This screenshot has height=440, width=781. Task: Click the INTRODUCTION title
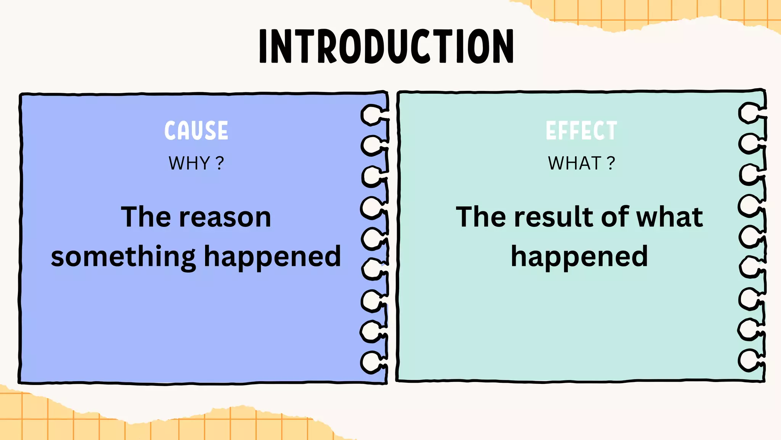[x=386, y=46]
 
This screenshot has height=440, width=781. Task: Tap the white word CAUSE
[x=196, y=131]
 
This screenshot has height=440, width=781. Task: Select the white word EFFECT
[x=581, y=131]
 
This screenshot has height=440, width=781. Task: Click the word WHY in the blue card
[x=189, y=163]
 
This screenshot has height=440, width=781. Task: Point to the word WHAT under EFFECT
[x=574, y=163]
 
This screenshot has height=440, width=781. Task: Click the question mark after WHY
[x=220, y=163]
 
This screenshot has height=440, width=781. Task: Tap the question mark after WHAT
[x=611, y=163]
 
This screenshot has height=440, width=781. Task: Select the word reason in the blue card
[x=225, y=217]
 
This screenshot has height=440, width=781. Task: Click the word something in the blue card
[x=123, y=257]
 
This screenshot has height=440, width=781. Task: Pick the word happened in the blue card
[x=272, y=257]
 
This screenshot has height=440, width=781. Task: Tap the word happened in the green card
[x=579, y=257]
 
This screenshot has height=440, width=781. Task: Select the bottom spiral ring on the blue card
[x=371, y=362]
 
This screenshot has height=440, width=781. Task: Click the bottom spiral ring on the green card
[x=749, y=360]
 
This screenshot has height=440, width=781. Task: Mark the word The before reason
[x=145, y=217]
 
